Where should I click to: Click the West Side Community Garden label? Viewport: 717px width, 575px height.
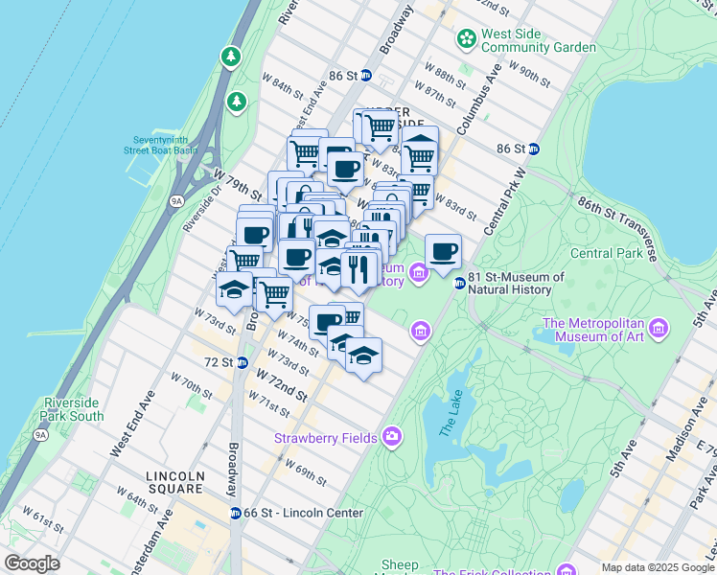coord(538,40)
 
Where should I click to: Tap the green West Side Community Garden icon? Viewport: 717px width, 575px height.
coord(467,39)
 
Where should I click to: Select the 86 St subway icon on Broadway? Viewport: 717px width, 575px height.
coord(365,75)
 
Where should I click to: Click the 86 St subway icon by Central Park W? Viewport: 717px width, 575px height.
coord(534,149)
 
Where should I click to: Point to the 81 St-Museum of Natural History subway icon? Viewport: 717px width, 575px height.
coord(460,283)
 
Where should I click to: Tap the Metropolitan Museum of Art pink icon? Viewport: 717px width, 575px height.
coord(658,329)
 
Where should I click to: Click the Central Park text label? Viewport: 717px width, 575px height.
coord(606,254)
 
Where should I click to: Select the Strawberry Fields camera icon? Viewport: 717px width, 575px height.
coord(392,437)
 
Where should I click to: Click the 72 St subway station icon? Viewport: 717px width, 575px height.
coord(243,362)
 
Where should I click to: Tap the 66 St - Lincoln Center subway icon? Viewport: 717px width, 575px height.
coord(235,513)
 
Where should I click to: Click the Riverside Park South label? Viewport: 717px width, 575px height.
coord(73,409)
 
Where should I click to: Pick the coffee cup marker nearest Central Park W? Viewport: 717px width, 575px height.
coord(443,253)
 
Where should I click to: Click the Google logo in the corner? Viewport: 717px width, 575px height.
coord(33,563)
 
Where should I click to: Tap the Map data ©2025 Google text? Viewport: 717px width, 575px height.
coord(658,567)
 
